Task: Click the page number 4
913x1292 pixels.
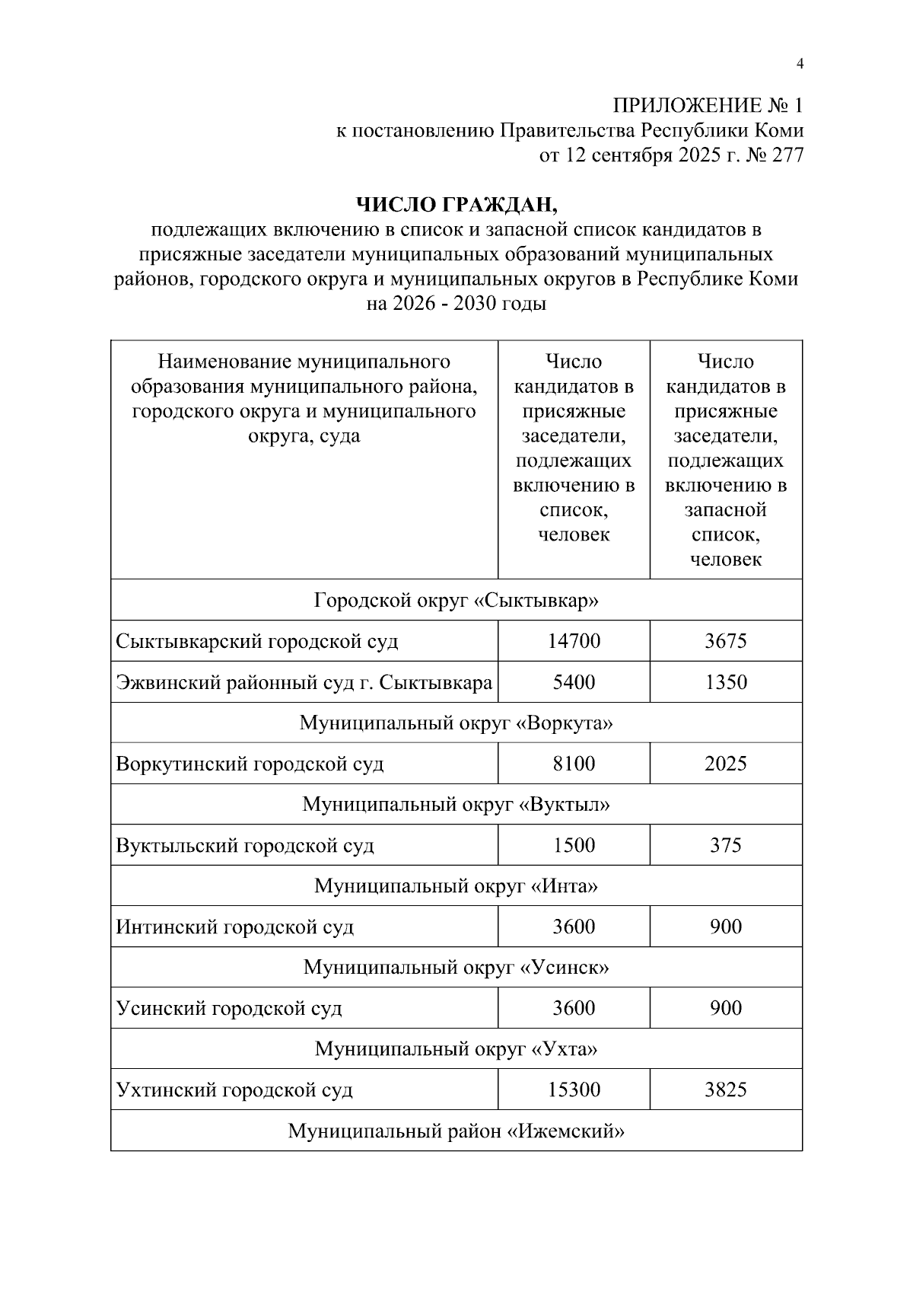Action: pos(799,64)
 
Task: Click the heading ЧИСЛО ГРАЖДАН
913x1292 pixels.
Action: pos(456,204)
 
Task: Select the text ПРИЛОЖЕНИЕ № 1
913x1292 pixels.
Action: pos(708,105)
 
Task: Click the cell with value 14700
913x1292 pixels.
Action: pos(574,641)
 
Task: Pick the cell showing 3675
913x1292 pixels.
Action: pos(725,641)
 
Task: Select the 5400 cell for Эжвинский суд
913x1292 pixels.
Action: pos(574,682)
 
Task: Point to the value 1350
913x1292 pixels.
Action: pos(725,682)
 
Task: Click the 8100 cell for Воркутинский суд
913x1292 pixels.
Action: pos(574,764)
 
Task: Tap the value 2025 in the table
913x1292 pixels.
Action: pos(725,764)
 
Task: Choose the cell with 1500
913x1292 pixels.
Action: pos(574,845)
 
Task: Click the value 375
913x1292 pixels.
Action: pos(725,845)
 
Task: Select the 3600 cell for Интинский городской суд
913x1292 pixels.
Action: pos(574,927)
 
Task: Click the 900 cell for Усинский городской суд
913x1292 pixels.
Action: pos(725,1008)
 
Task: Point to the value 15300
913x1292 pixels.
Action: pos(574,1089)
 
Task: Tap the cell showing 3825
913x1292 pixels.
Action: pos(725,1089)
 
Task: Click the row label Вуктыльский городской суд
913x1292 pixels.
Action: pos(245,846)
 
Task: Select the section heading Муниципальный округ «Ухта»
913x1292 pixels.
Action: pos(456,1049)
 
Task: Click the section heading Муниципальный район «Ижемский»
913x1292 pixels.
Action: pos(456,1131)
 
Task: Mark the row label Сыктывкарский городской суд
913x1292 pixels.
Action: pos(257,642)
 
